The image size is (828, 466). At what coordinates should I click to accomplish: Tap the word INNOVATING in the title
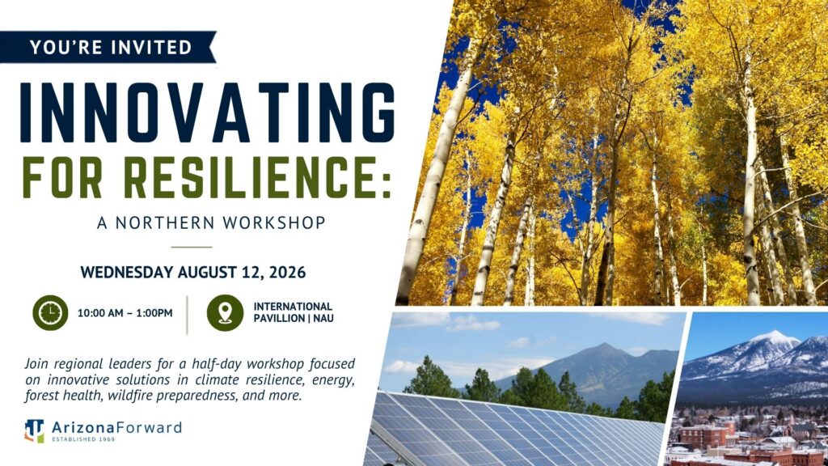pos(208,112)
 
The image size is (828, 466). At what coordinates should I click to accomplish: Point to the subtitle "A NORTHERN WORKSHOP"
pos(211,222)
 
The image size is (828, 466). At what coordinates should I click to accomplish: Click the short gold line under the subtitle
pos(191,247)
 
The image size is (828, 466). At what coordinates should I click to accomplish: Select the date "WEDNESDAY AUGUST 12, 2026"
pos(193,273)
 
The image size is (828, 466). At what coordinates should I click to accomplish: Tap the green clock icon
pos(50,313)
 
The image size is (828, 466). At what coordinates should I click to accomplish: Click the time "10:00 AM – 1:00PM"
pos(125,313)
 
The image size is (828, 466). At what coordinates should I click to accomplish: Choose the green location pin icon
pos(225,313)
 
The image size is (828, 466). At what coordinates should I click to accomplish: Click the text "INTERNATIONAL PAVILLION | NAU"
pos(293,312)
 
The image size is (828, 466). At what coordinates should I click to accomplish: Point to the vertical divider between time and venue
pos(187,315)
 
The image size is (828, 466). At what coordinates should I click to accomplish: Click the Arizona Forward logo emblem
pos(34,430)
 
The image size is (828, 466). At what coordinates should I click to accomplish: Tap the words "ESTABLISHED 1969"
pos(83,439)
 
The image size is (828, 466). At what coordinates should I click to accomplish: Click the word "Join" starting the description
pos(36,365)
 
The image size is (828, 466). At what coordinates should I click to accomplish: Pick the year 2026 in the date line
pos(287,273)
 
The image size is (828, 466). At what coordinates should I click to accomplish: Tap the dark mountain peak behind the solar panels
pos(605,348)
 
